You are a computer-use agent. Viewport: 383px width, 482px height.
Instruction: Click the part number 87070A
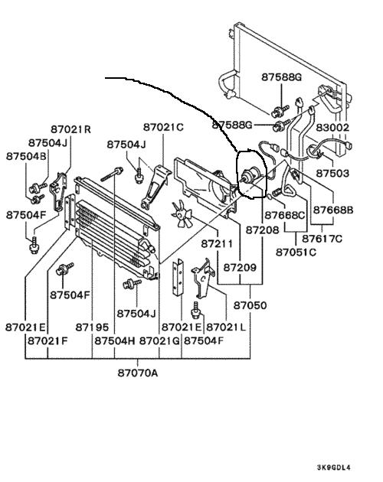(138, 373)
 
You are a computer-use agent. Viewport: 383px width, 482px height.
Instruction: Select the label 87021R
(70, 129)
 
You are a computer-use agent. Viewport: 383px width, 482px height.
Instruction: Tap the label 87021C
(163, 127)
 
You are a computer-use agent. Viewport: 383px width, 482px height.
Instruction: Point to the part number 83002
(332, 127)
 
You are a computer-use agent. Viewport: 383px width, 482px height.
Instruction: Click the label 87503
(332, 174)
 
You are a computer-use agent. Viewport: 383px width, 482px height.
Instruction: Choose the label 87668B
(333, 210)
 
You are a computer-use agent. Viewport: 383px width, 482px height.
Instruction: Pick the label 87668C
(284, 215)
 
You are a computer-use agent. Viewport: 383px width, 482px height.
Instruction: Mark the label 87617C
(322, 239)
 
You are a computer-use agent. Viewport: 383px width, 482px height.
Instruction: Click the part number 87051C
(296, 252)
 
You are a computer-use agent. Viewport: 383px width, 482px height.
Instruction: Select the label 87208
(262, 230)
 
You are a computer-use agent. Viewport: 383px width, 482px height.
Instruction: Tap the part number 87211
(217, 244)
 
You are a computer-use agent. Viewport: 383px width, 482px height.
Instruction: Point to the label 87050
(250, 305)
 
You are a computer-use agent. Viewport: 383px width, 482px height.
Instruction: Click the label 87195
(92, 327)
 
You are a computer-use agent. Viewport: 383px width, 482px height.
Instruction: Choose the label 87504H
(115, 340)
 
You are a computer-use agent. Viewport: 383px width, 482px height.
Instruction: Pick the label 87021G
(159, 340)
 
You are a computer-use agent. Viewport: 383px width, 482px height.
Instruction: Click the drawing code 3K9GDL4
(334, 467)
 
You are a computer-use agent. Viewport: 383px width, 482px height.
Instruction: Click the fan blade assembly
(182, 214)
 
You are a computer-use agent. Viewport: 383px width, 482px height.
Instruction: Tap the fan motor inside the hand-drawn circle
(251, 174)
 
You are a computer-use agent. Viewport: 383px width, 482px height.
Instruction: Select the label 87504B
(26, 156)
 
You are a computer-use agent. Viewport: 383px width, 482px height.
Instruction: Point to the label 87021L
(226, 327)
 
